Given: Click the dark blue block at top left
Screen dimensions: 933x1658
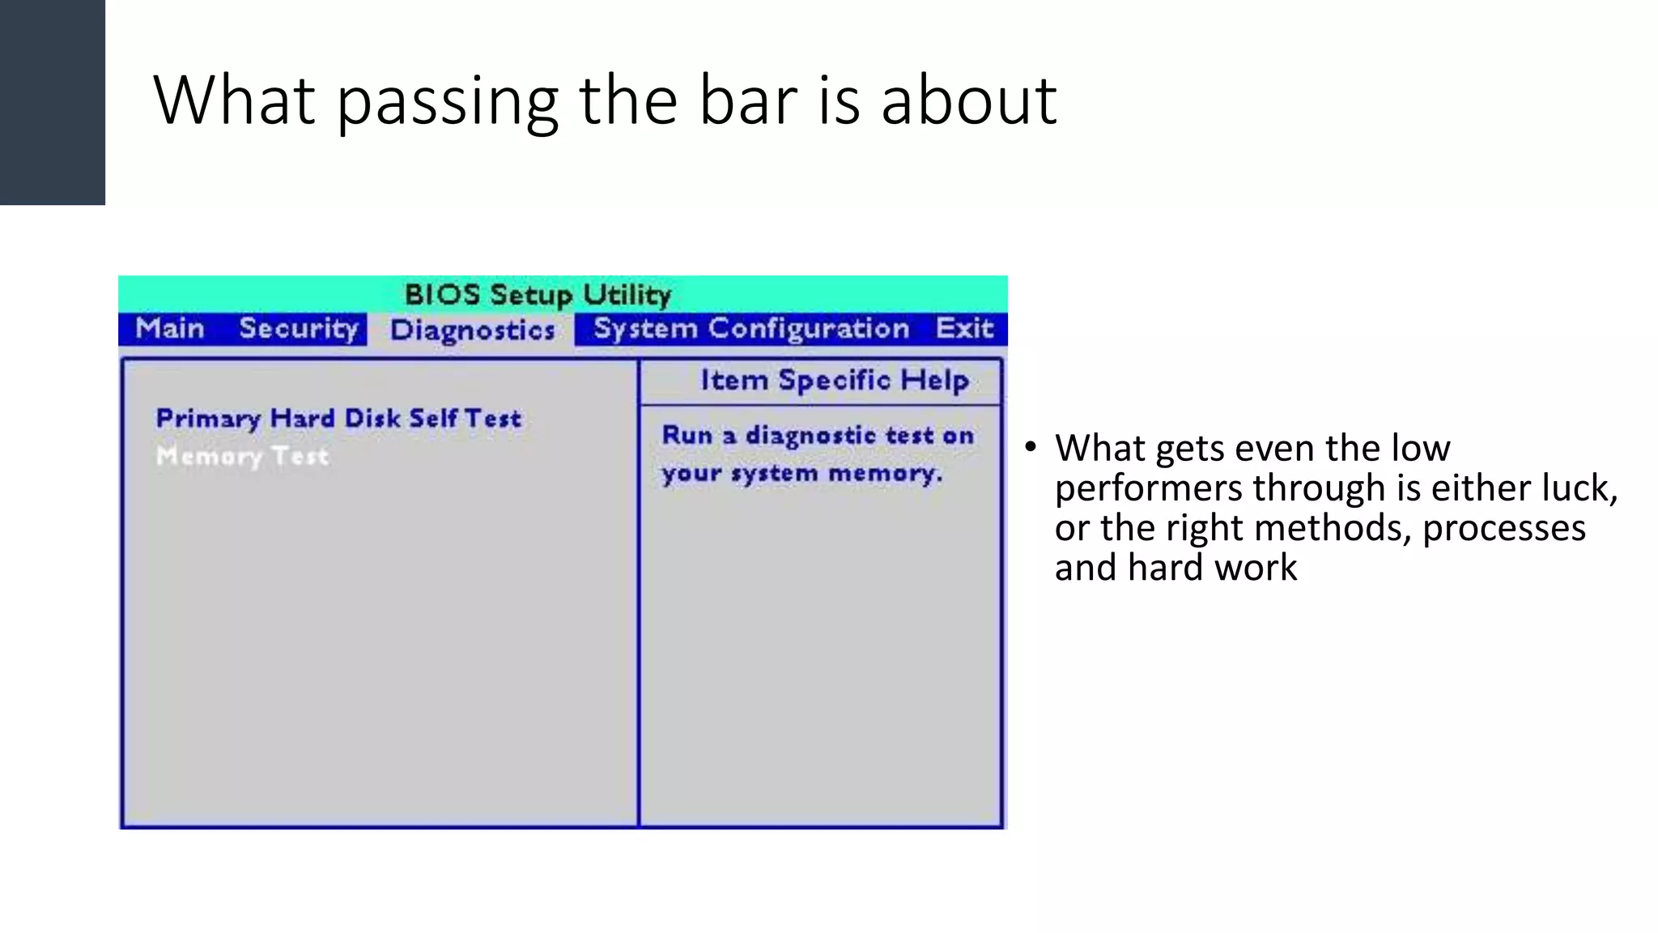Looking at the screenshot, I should click(52, 102).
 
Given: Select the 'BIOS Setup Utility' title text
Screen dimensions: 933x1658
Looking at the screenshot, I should click(538, 295).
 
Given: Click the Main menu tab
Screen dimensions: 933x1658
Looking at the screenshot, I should click(170, 329).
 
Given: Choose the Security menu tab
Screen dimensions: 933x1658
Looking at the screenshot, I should click(299, 329).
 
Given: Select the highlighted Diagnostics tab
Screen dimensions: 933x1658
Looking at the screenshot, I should click(472, 330).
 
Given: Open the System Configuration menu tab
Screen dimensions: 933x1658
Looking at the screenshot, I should click(751, 329).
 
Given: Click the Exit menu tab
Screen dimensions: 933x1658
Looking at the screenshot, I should click(963, 329).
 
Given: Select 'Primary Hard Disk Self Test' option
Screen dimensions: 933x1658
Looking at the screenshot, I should click(338, 419).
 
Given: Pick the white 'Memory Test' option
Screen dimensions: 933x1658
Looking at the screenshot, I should click(243, 456).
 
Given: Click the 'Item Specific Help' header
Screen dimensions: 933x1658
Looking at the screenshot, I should click(834, 380).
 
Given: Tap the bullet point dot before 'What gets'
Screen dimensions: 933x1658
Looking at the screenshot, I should click(1030, 448).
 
